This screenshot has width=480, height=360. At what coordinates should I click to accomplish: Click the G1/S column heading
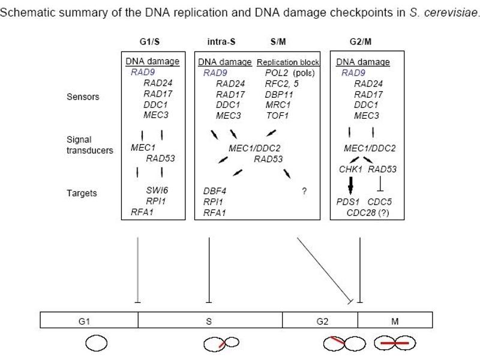(x=149, y=41)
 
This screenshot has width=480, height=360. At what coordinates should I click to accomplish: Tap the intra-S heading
(x=221, y=41)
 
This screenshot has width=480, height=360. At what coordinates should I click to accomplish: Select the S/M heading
(x=278, y=41)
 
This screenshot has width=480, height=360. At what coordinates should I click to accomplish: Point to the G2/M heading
(x=361, y=41)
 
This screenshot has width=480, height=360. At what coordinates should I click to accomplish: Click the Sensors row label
(x=83, y=97)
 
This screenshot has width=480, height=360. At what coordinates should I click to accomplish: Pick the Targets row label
(x=82, y=193)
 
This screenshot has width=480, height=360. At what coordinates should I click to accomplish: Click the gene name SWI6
(x=157, y=190)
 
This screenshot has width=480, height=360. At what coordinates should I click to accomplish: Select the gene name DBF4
(x=215, y=191)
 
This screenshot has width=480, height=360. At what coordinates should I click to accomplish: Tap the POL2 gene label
(x=277, y=73)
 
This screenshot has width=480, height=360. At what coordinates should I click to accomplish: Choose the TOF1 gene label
(x=277, y=116)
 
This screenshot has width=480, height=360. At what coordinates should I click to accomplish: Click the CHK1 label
(x=350, y=169)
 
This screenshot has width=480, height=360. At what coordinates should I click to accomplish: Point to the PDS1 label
(x=347, y=202)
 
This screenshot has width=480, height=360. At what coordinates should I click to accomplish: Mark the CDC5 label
(x=380, y=202)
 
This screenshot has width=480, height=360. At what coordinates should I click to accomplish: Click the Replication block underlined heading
(x=288, y=62)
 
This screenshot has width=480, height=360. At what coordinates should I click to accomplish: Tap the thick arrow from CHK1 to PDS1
(x=351, y=185)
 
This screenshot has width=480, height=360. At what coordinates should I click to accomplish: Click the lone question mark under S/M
(x=304, y=191)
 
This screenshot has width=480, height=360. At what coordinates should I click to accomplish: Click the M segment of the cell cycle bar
(x=395, y=320)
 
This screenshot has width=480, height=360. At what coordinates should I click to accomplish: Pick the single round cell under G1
(x=97, y=343)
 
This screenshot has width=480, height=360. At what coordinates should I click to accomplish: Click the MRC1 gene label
(x=278, y=105)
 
